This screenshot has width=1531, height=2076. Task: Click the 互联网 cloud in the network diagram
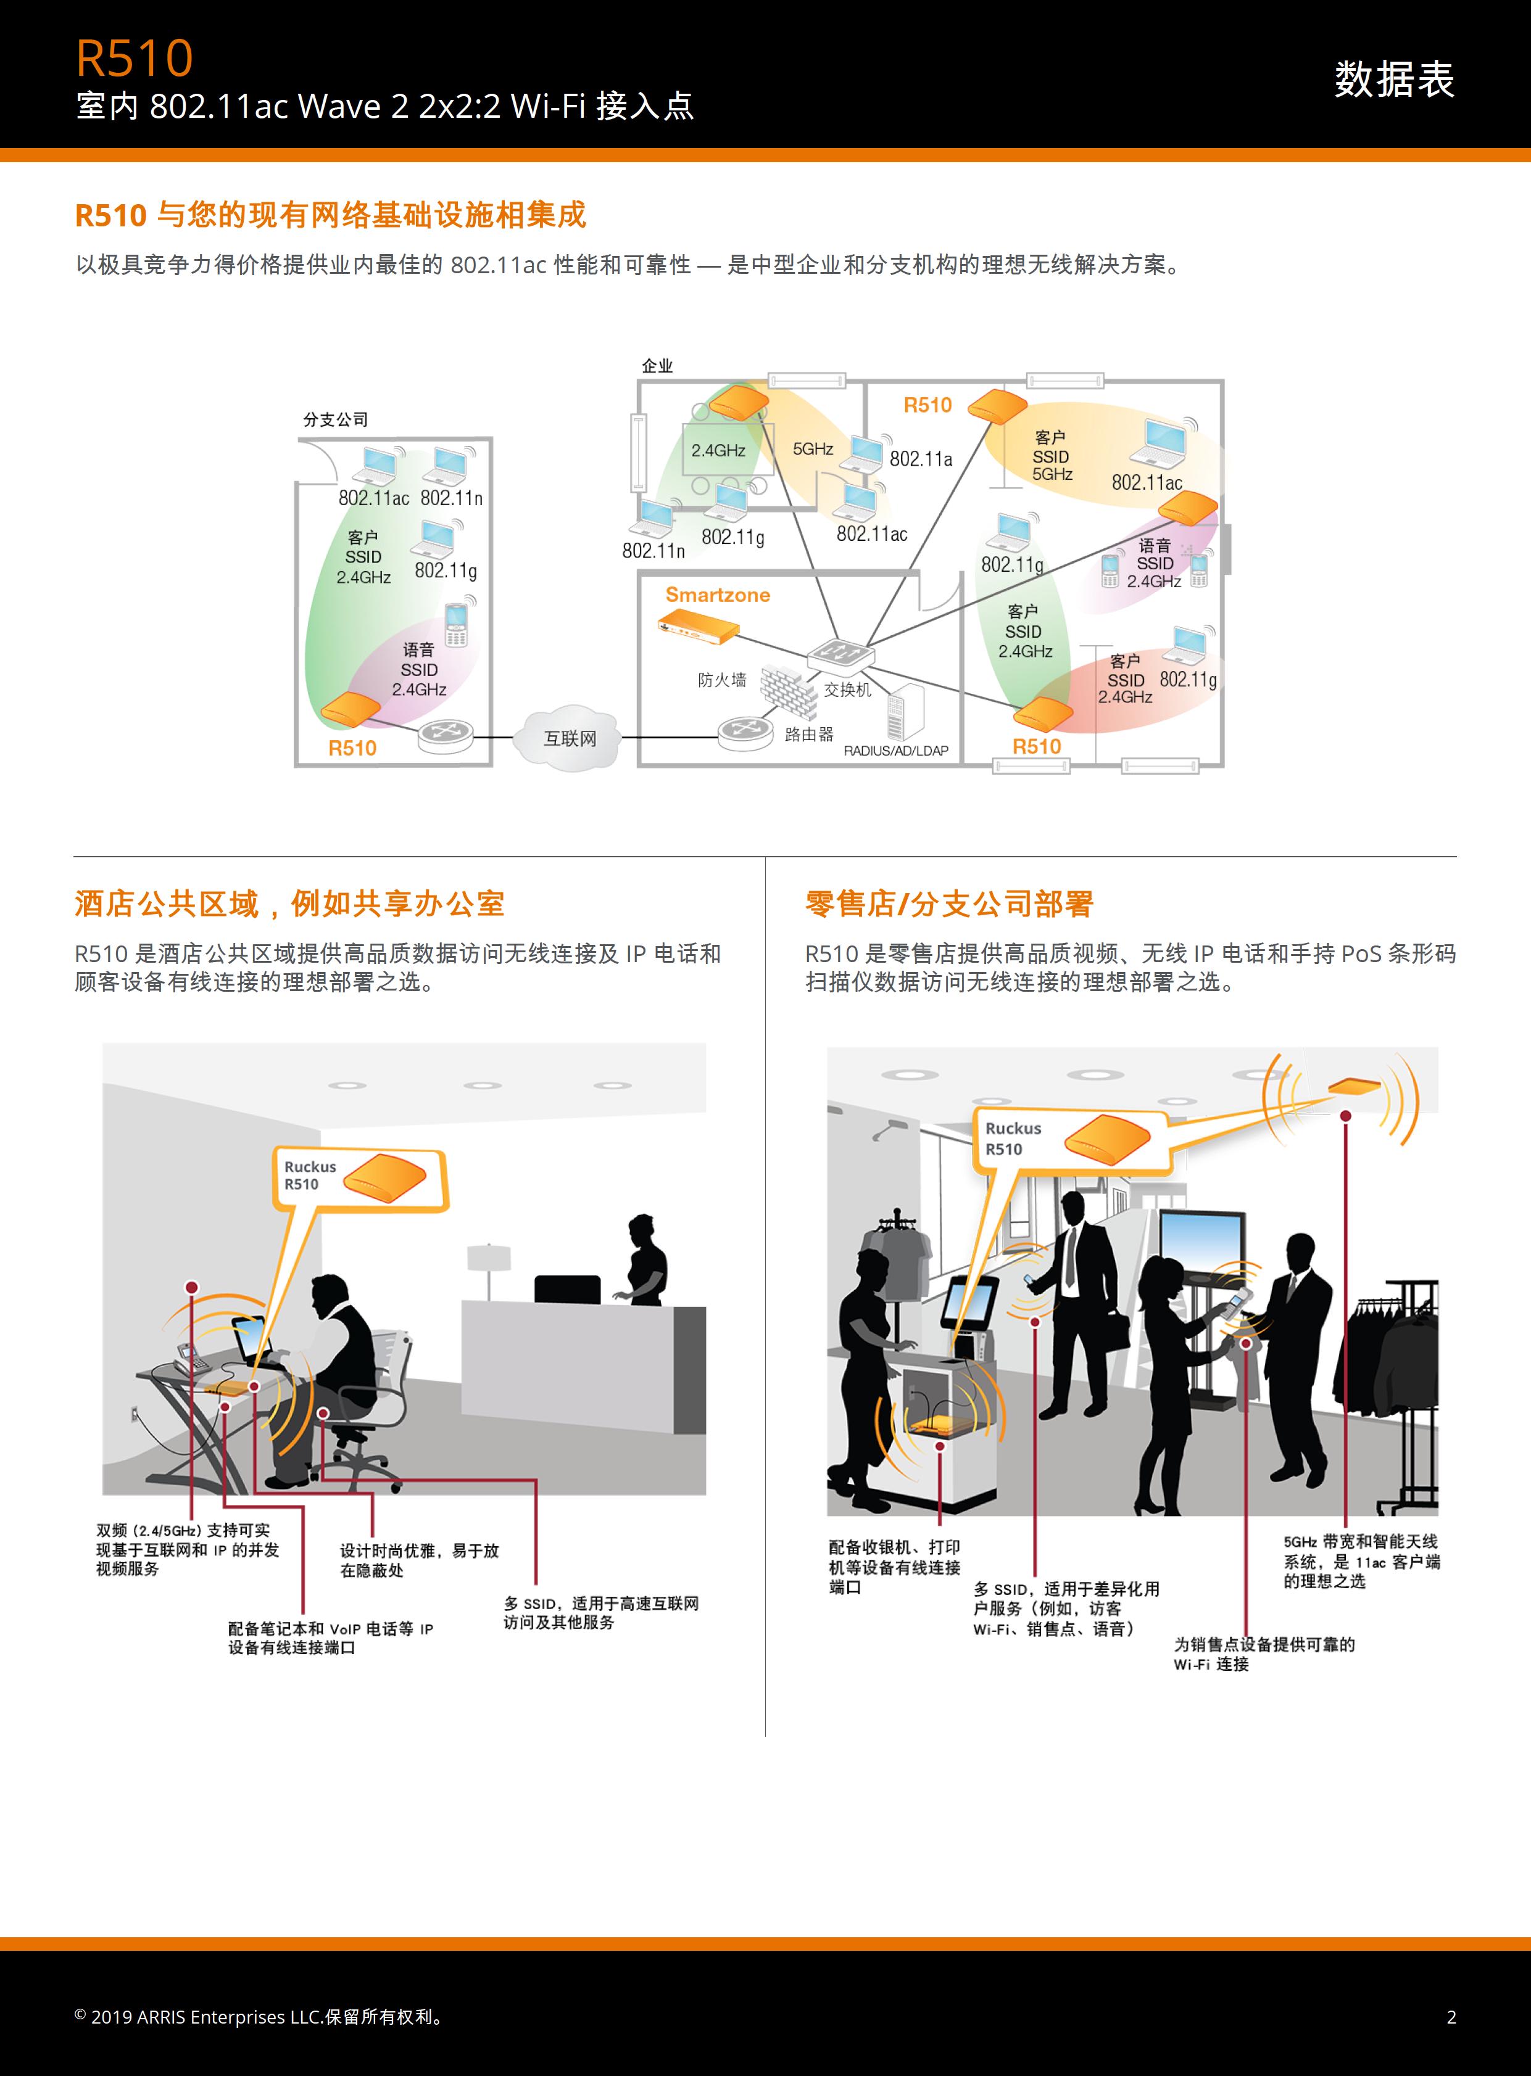point(570,738)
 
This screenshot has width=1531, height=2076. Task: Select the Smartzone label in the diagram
point(717,595)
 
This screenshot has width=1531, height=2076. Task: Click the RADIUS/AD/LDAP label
point(895,751)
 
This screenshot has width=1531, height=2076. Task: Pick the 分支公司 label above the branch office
point(336,419)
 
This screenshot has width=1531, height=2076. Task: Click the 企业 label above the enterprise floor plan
point(657,366)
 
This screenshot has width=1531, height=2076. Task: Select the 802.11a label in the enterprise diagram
point(920,458)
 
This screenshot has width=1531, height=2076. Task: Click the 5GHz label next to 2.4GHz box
point(813,449)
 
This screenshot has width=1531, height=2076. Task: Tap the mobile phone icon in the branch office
point(456,624)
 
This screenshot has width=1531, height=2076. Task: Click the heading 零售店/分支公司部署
point(949,903)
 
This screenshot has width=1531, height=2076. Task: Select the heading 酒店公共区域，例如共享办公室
point(289,903)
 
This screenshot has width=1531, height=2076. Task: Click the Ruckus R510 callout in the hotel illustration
point(360,1179)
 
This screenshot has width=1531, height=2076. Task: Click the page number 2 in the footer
point(1451,2017)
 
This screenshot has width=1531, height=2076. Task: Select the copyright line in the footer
point(260,2017)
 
